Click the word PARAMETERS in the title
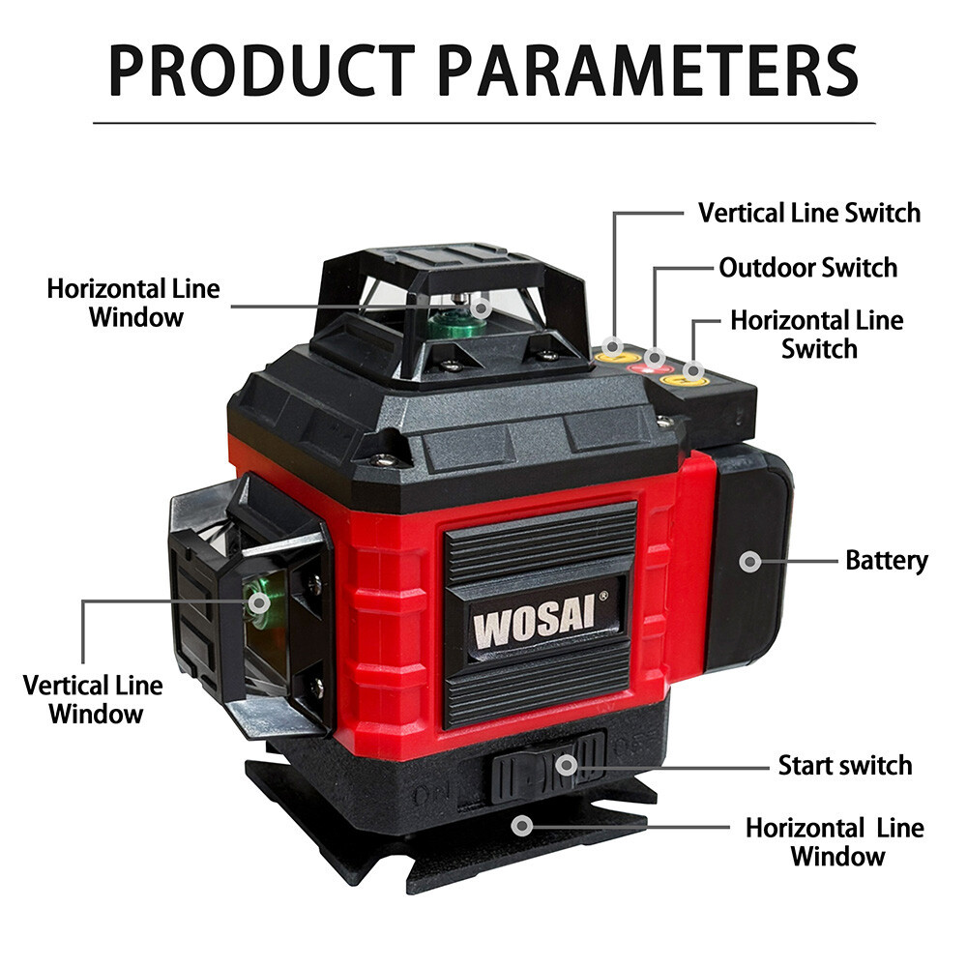click(x=648, y=71)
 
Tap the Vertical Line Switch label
click(x=809, y=213)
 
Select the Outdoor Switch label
click(x=807, y=268)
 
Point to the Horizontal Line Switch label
click(x=817, y=335)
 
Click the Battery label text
click(x=886, y=561)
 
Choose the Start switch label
click(x=845, y=765)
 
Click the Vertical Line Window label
click(x=93, y=699)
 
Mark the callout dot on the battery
click(x=750, y=561)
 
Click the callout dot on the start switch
click(x=567, y=765)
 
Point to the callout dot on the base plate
click(x=523, y=825)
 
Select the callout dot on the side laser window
click(x=259, y=602)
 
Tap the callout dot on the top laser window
click(x=481, y=308)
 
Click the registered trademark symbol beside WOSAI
click(x=603, y=596)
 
